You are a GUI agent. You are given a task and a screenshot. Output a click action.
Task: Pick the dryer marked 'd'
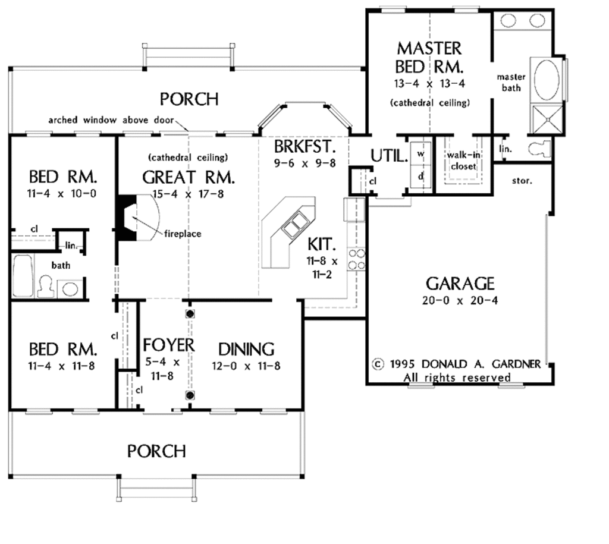[x=421, y=177]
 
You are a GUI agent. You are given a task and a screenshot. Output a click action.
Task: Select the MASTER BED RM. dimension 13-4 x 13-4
[x=429, y=83]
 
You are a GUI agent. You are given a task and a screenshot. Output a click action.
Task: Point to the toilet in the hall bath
[x=45, y=287]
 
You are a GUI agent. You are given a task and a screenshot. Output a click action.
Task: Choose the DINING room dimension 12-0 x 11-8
[x=245, y=366]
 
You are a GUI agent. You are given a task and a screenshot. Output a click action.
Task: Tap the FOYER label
[x=168, y=345]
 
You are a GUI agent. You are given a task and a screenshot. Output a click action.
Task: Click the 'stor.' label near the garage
[x=522, y=179]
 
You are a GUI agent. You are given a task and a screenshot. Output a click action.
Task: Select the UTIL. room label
[x=390, y=156]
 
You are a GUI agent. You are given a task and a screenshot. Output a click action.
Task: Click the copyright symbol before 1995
[x=377, y=364]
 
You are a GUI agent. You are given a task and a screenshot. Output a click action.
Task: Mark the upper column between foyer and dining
[x=190, y=313]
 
